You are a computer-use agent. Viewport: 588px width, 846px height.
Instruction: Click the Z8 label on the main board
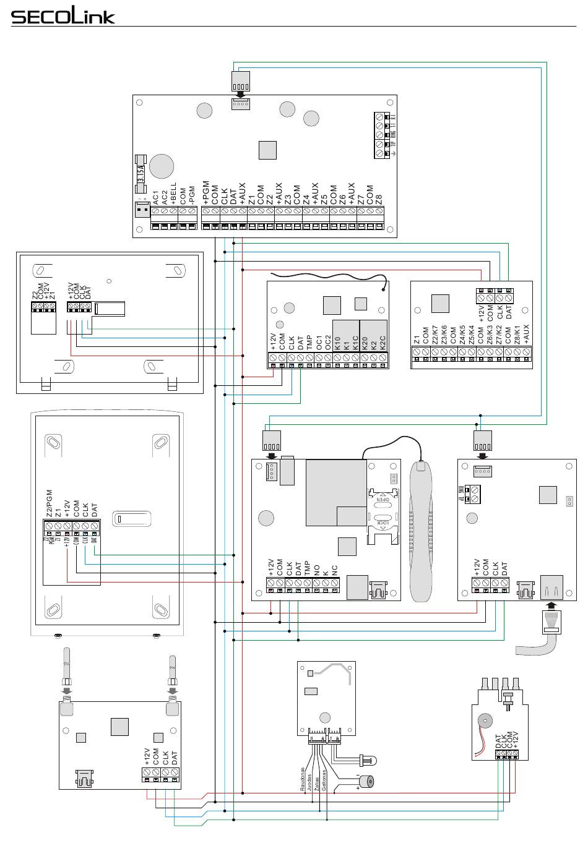pos(379,199)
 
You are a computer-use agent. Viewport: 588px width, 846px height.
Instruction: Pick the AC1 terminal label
pos(156,198)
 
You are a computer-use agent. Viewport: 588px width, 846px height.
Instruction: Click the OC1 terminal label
pos(319,342)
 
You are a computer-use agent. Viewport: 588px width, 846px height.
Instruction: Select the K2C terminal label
pos(383,343)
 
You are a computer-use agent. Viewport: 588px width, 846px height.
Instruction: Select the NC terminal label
pos(334,570)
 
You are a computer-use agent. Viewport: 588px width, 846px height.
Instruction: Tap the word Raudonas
pos(303,780)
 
